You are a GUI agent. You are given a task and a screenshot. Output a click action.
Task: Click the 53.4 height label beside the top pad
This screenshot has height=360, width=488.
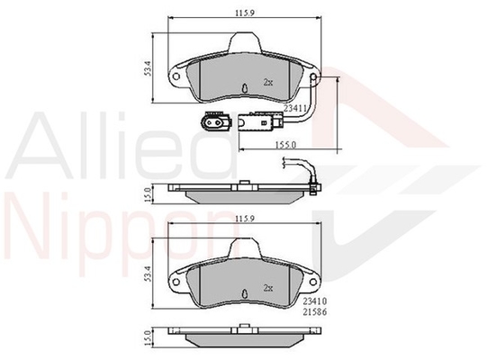148,68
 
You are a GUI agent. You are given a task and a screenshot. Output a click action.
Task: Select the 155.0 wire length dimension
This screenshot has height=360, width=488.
285,145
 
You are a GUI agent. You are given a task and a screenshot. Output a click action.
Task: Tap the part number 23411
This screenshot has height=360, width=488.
295,108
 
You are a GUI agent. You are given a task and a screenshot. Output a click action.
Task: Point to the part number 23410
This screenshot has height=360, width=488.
315,301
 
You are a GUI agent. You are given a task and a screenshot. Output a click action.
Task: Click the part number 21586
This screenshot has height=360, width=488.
315,312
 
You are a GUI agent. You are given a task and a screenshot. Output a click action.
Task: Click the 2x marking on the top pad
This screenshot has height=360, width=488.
268,83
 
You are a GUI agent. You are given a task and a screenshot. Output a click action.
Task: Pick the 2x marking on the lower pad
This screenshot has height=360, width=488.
268,288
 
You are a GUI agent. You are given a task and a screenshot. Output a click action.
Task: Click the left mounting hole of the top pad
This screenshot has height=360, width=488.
176,76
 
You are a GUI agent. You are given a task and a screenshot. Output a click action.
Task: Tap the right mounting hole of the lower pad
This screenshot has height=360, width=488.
313,282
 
